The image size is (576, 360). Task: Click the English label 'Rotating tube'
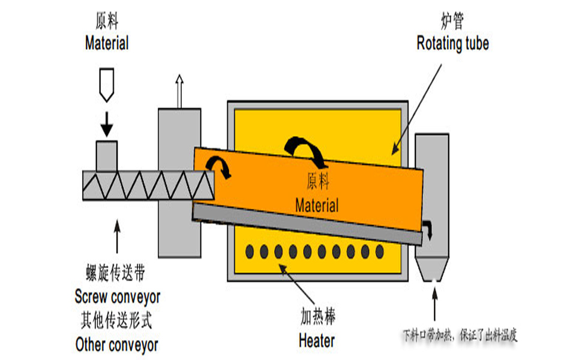click(452, 43)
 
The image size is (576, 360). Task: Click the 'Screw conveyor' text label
click(118, 296)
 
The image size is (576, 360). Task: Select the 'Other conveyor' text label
click(117, 344)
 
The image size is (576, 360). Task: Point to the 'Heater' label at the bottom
click(316, 341)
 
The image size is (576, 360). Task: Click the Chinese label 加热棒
click(316, 317)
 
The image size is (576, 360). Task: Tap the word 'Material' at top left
click(107, 43)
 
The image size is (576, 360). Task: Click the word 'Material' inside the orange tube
click(317, 205)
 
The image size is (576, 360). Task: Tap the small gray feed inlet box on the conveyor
click(107, 155)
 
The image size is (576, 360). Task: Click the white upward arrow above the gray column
click(178, 90)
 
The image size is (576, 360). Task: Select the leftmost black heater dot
click(248, 251)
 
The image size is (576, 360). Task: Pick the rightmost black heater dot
click(380, 251)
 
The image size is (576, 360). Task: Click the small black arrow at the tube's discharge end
click(428, 229)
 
